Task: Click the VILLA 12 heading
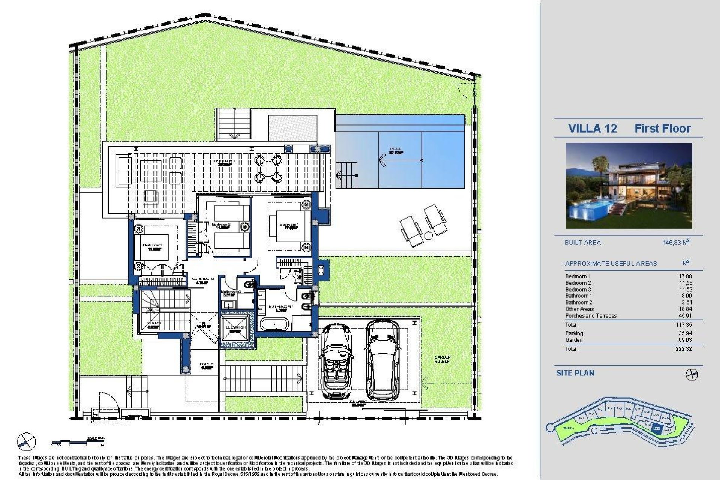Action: point(592,129)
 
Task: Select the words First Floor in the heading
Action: point(662,129)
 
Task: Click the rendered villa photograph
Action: point(629,186)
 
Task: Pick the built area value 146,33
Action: point(672,242)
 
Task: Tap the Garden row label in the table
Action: point(574,340)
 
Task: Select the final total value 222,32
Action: point(685,349)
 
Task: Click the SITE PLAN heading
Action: point(575,373)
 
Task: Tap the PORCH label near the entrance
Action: point(207,366)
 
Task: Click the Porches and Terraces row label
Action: point(591,316)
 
